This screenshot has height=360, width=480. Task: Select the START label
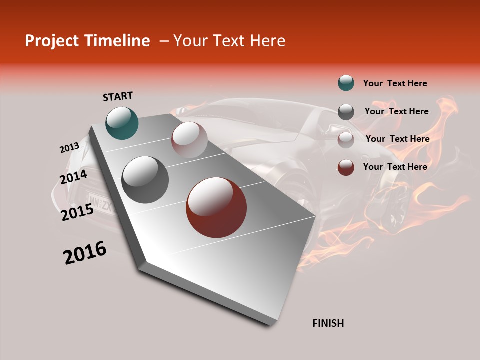pos(118,96)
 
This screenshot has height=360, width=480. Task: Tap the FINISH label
pos(328,323)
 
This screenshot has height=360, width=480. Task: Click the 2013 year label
pos(69,148)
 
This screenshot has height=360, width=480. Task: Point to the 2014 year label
pos(74,177)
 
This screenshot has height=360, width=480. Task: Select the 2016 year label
pos(85,253)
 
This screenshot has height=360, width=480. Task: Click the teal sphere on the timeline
pos(122,123)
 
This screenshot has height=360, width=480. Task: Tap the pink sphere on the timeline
pos(189,140)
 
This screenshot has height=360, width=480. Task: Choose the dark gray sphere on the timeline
pos(145,179)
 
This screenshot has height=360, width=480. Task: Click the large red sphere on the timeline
pos(216,207)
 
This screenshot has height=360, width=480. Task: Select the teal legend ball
pos(346,83)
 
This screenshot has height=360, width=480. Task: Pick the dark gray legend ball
pos(346,112)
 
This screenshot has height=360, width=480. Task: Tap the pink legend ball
pos(346,140)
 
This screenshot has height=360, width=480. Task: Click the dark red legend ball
pos(346,167)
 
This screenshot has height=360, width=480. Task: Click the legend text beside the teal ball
pos(395,84)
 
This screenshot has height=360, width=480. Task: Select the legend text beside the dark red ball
pos(395,167)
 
